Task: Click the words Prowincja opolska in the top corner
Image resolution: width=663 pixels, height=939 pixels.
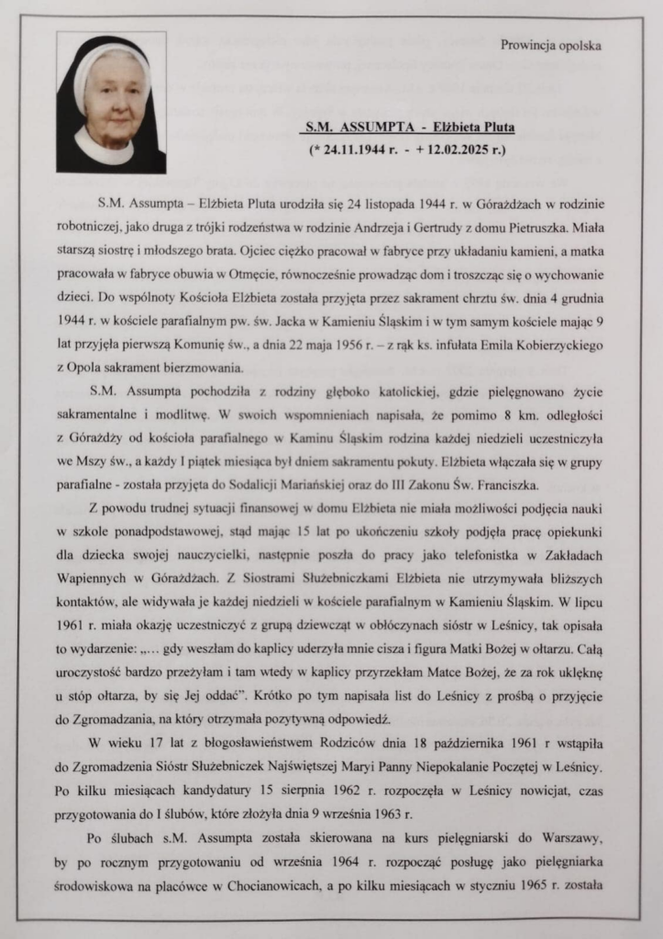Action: coord(553,45)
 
